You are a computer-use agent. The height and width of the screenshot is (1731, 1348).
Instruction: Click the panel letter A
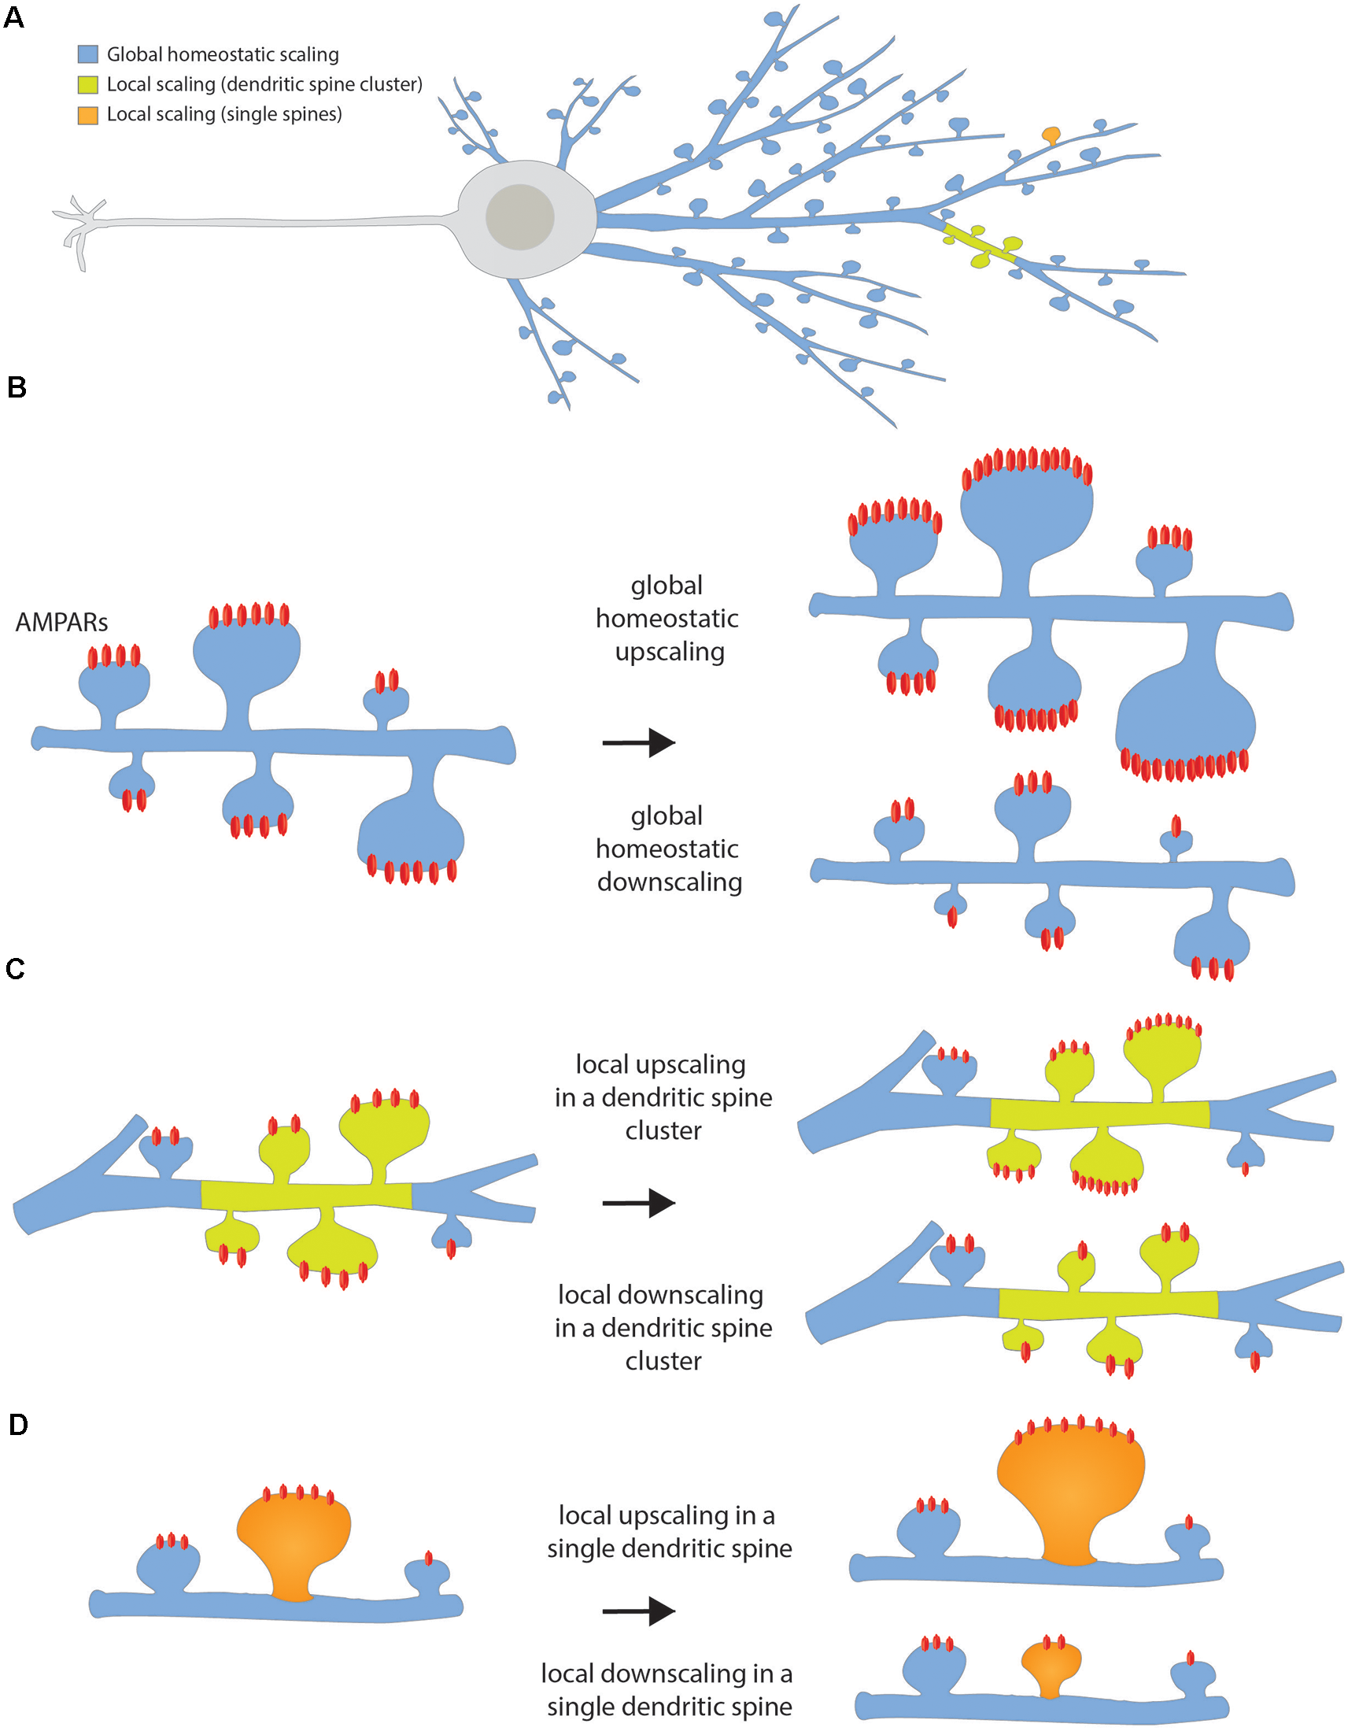coord(14,17)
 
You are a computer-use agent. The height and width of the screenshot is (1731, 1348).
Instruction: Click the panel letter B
coord(16,387)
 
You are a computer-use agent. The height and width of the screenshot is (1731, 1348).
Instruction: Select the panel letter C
coord(15,968)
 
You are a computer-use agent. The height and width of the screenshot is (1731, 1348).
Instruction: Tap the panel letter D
coord(17,1424)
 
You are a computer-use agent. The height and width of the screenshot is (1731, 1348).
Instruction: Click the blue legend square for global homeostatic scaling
coord(87,54)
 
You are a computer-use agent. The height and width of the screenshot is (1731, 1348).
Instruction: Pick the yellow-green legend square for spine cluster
coord(87,84)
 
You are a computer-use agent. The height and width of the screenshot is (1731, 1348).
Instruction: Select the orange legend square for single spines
coord(87,114)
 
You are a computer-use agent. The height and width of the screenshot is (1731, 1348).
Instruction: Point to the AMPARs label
coord(61,623)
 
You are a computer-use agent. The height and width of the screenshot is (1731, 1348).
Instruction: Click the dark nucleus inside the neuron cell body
coord(519,216)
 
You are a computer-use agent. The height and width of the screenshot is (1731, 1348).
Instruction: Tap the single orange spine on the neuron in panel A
coord(1051,135)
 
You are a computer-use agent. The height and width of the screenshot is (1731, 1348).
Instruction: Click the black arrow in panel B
coord(639,742)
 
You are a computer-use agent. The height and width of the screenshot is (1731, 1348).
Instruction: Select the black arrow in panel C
coord(639,1202)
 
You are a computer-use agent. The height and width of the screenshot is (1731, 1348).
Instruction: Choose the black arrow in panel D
coord(639,1611)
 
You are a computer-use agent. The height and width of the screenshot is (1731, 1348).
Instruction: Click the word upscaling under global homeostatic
coord(670,653)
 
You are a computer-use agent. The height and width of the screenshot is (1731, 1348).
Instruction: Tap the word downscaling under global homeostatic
coord(670,882)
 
